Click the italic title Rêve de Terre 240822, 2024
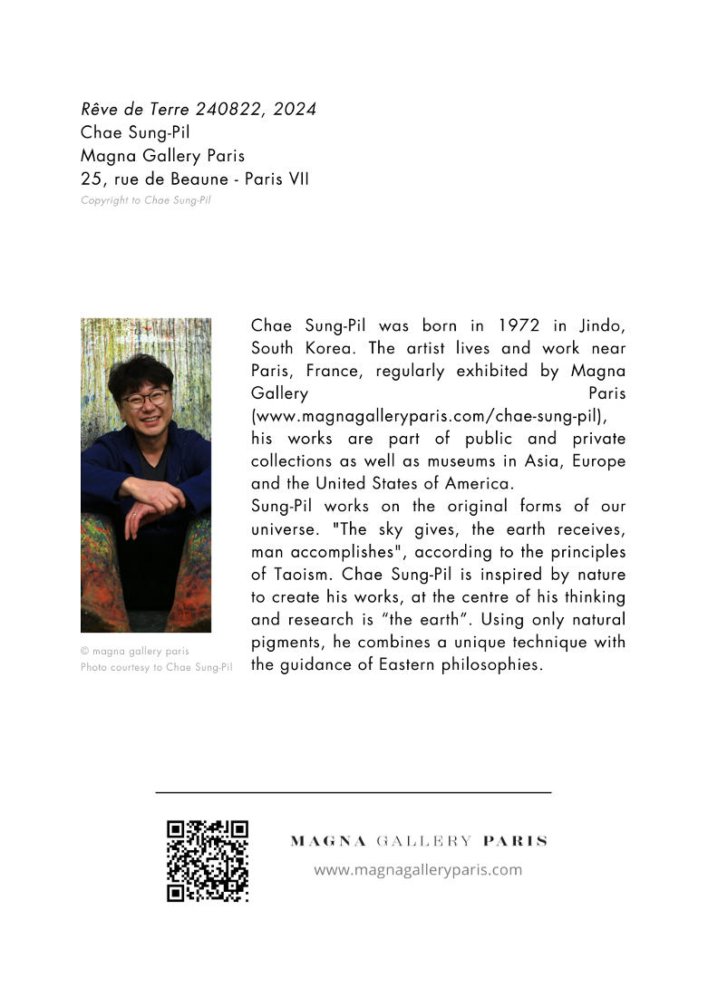198,110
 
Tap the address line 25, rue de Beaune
194,179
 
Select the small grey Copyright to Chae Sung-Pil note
145,200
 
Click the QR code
208,861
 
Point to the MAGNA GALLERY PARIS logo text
418,841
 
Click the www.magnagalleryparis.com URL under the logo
418,870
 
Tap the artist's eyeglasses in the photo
145,398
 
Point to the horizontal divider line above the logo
354,793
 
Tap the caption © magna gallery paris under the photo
134,651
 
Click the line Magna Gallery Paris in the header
162,156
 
